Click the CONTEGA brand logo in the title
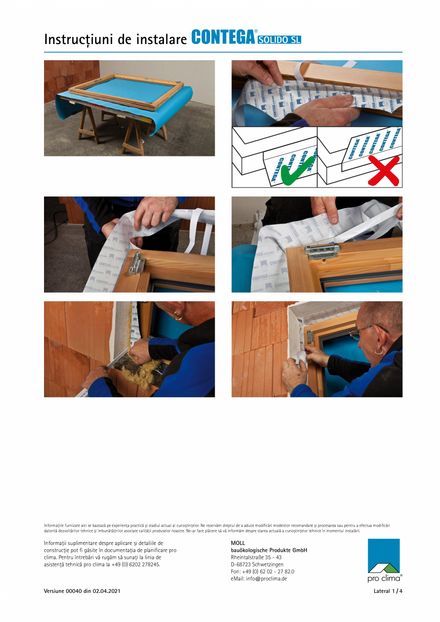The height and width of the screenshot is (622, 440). [223, 37]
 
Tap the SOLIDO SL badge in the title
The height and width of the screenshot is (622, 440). [279, 40]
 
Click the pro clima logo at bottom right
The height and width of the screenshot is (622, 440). [384, 560]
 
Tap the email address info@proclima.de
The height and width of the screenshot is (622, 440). [259, 578]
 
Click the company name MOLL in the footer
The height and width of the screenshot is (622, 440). [238, 543]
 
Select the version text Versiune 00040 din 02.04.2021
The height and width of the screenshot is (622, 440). [82, 591]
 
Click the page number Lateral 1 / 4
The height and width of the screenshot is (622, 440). [388, 591]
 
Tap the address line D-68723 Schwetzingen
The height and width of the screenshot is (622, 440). [257, 565]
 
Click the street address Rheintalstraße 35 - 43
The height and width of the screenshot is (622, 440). [256, 557]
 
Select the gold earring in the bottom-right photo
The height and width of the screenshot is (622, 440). [379, 352]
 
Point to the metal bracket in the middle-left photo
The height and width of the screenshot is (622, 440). [137, 263]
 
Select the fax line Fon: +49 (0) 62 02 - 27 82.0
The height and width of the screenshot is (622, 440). [262, 571]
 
